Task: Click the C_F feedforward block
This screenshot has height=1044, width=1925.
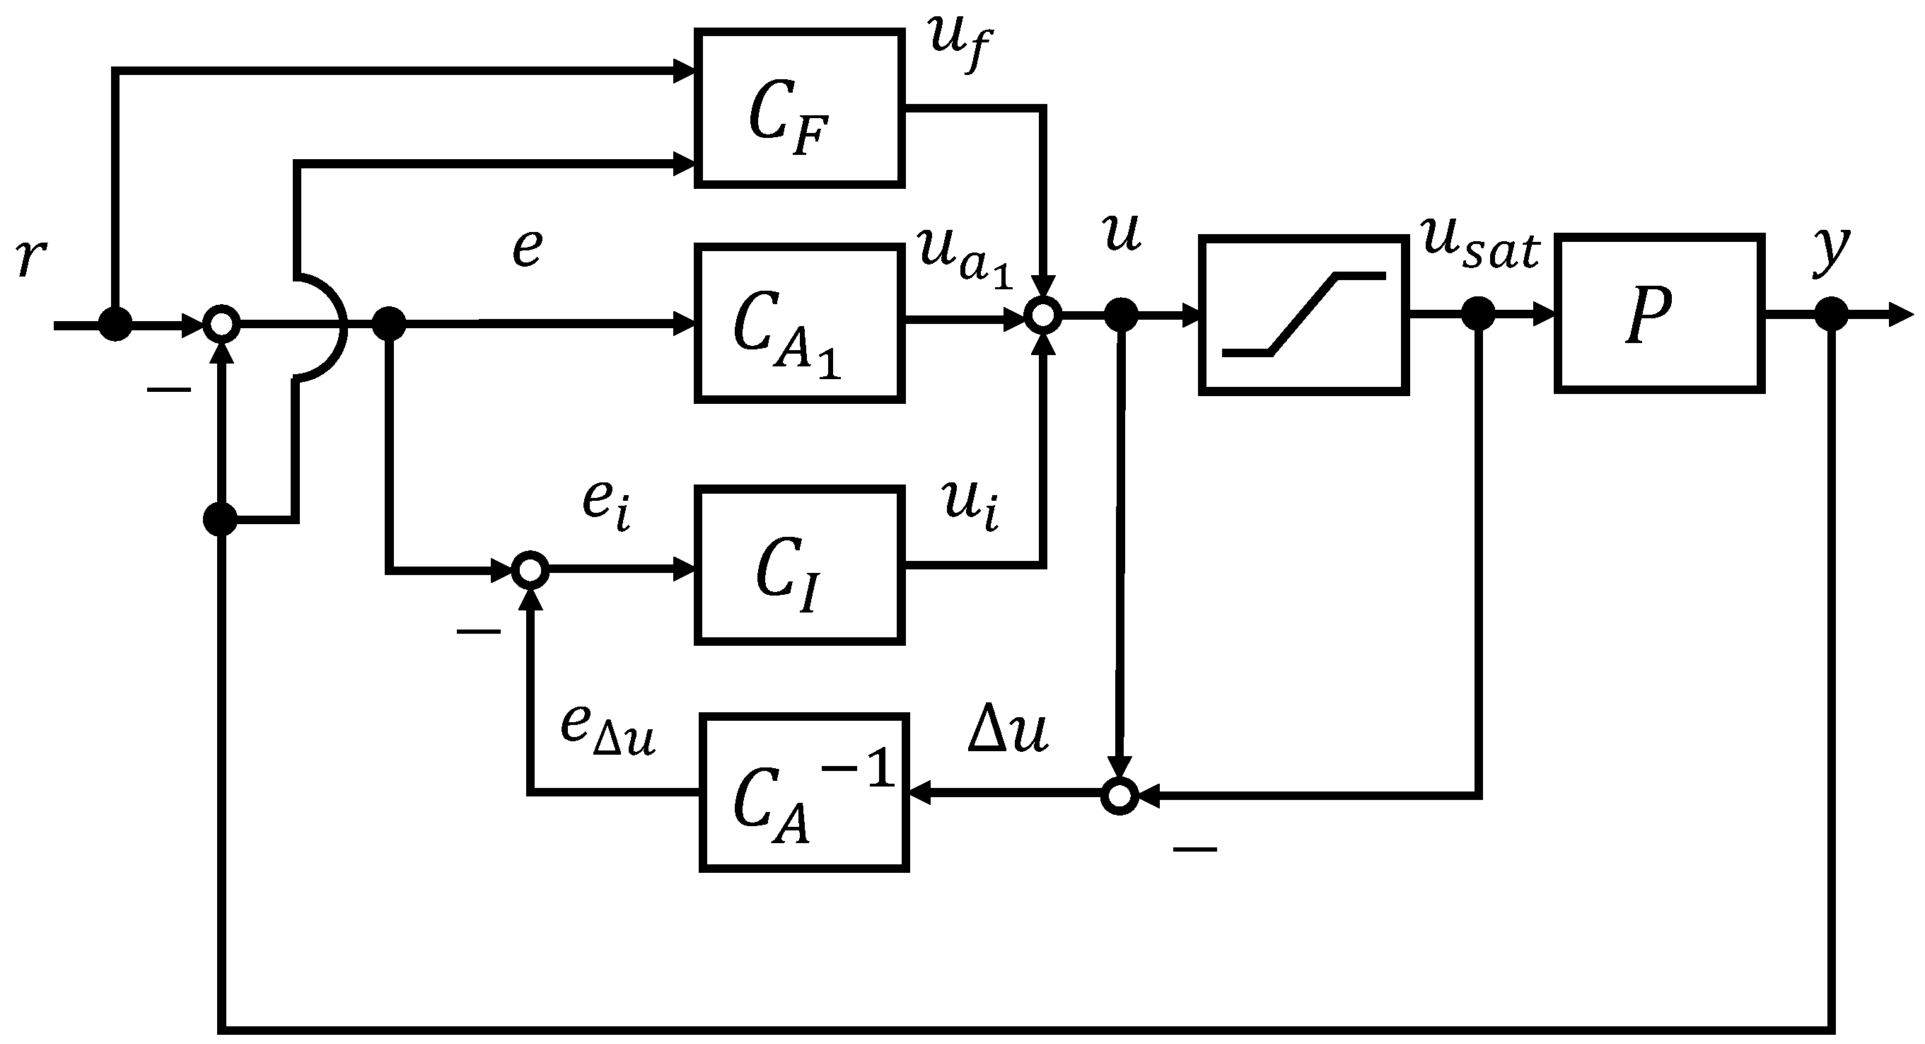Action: tap(799, 108)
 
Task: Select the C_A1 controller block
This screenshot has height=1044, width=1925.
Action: tap(799, 323)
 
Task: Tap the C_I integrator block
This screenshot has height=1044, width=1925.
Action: tap(799, 565)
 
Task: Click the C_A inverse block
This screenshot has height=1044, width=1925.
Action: tap(804, 793)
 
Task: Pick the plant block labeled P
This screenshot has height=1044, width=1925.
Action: tap(1659, 313)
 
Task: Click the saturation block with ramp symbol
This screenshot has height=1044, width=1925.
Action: tap(1303, 315)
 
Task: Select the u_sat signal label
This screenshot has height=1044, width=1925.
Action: tap(1479, 243)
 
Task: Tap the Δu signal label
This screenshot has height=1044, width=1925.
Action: tap(1007, 729)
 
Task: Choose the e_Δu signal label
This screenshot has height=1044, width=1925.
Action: tap(607, 729)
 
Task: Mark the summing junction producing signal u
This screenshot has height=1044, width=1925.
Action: tap(1043, 317)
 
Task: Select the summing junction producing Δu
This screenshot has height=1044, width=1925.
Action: tap(1119, 796)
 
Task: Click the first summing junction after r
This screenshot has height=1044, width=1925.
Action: tap(222, 325)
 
